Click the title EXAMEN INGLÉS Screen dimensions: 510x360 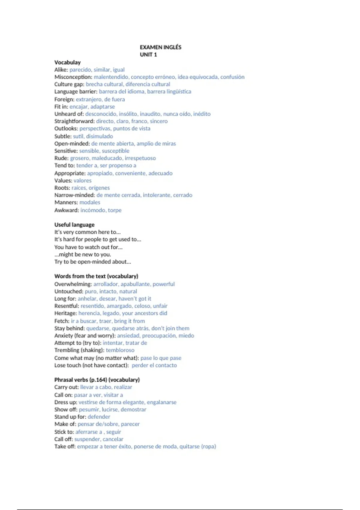160,47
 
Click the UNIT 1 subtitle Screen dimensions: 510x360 148,55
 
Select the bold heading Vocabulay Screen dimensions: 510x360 67,62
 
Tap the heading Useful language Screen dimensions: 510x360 74,225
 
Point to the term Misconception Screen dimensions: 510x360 73,77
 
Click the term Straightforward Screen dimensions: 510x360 74,121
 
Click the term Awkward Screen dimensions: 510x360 66,210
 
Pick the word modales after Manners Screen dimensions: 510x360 90,202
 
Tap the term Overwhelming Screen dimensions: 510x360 73,284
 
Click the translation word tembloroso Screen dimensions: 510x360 120,350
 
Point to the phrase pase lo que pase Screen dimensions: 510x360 161,358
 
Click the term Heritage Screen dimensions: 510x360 65,313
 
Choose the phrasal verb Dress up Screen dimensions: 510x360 65,402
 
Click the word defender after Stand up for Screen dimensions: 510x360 99,417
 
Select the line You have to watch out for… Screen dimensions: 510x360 88,247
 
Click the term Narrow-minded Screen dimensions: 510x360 74,195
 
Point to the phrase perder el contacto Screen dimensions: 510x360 154,365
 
